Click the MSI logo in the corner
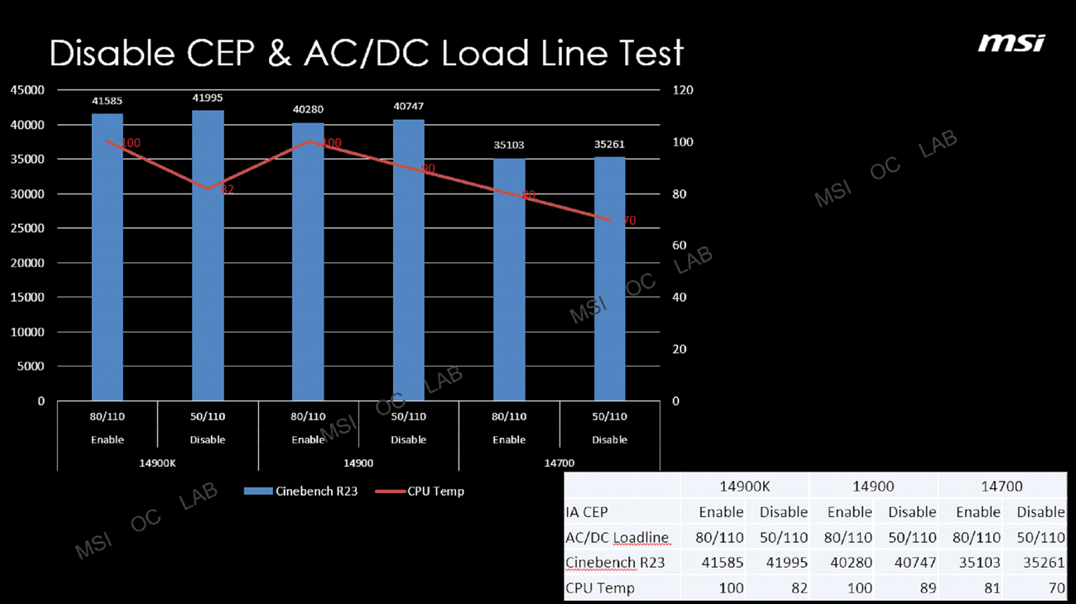click(x=1011, y=42)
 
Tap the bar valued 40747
click(x=408, y=260)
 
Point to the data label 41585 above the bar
click(x=107, y=101)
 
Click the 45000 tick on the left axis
click(x=28, y=89)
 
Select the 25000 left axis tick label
click(x=28, y=228)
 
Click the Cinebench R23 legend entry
click(x=301, y=491)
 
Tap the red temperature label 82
click(x=227, y=189)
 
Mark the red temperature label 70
click(x=629, y=221)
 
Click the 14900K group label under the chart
click(x=157, y=463)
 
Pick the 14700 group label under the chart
click(x=560, y=463)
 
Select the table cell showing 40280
click(x=848, y=563)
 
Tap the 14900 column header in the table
click(x=873, y=487)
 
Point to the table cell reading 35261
click(x=1040, y=563)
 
